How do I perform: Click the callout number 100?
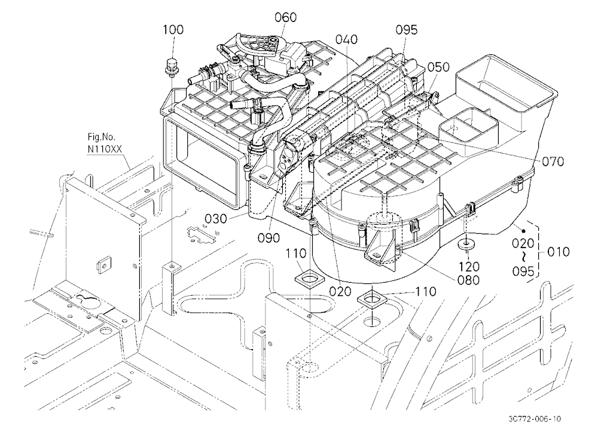click(173, 29)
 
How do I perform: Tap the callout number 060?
click(286, 17)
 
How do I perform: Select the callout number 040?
click(347, 39)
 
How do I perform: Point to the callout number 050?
click(438, 67)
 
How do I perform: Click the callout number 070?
click(553, 161)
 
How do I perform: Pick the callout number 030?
click(216, 219)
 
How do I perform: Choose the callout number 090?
click(269, 238)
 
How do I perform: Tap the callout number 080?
click(468, 280)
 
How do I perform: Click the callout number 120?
click(469, 267)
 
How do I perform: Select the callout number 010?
click(559, 252)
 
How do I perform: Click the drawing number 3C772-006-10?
click(534, 418)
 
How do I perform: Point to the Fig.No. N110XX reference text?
click(104, 143)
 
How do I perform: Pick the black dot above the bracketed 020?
click(524, 231)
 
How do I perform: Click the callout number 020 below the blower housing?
click(340, 291)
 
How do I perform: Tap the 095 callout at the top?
click(406, 29)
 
